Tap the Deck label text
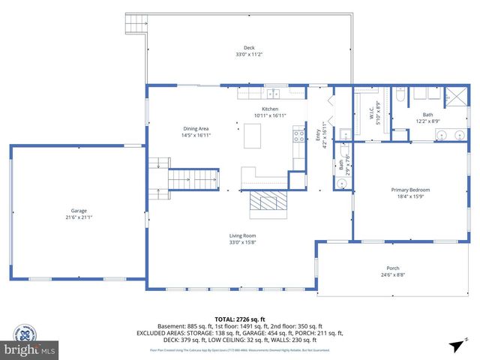248,48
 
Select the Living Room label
242,236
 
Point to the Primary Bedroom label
410,190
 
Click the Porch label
392,268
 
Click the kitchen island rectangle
253,136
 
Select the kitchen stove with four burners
298,136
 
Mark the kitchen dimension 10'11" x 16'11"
270,115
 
